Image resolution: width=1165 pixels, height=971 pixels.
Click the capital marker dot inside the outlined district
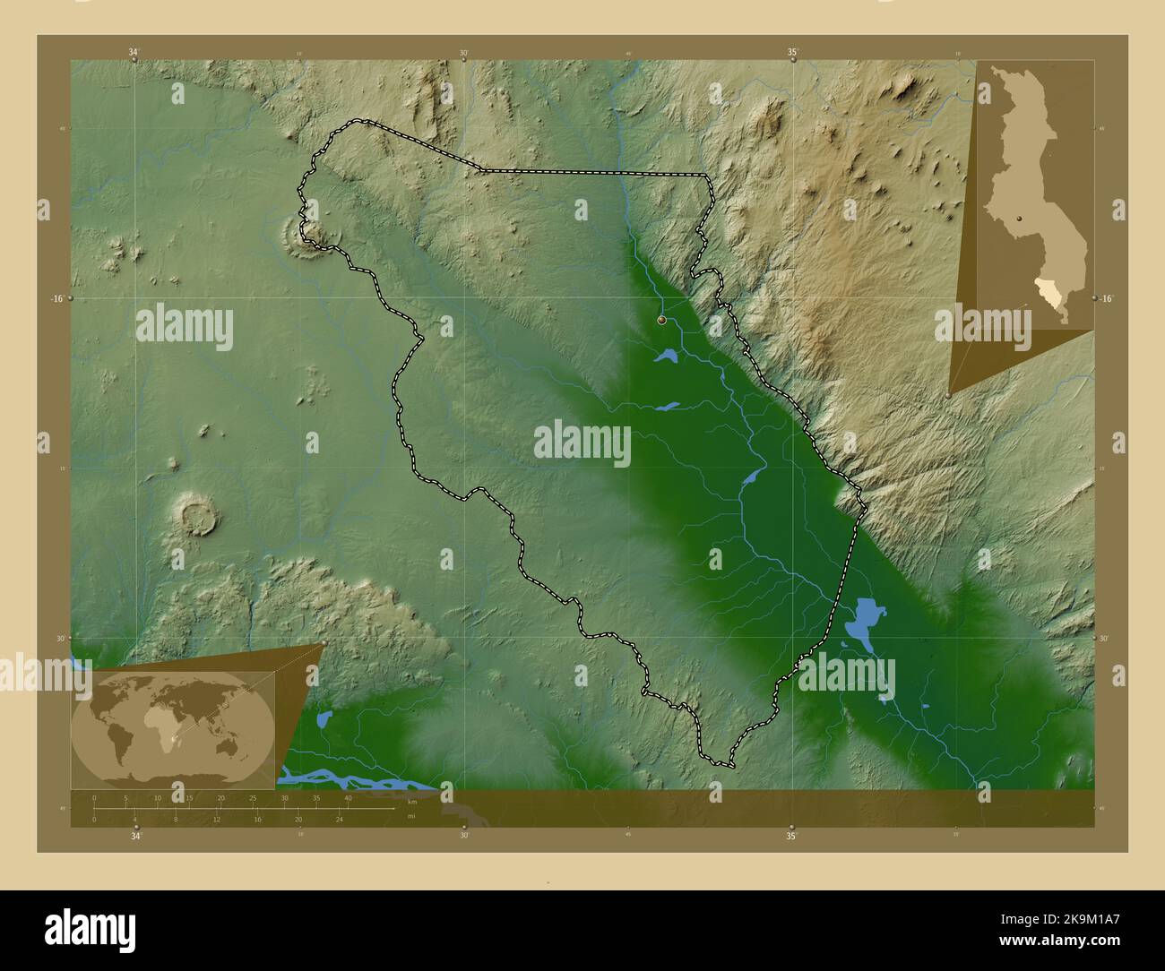point(661,319)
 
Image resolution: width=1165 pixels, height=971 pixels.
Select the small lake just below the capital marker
point(669,357)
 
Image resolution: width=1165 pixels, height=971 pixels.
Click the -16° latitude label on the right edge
point(1107,298)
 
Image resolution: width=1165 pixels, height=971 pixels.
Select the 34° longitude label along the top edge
point(134,52)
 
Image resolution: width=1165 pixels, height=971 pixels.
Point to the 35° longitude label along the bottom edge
point(791,837)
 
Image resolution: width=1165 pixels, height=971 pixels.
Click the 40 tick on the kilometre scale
point(348,797)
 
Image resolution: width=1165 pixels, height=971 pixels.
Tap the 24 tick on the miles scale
point(339,819)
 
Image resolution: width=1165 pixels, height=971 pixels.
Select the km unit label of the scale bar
point(412,802)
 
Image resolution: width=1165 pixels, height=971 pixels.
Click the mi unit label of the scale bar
point(410,816)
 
